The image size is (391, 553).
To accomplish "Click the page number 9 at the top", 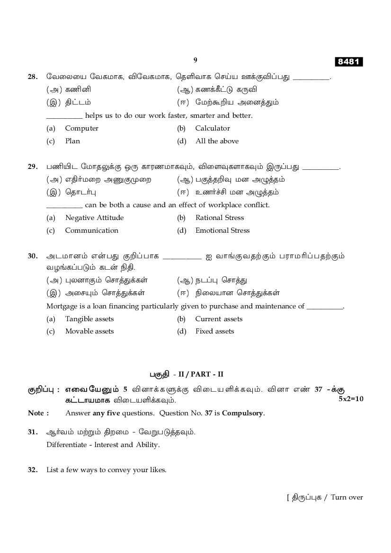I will pos(195,60).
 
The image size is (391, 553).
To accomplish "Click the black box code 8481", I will pos(349,62).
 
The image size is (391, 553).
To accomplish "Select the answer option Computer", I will pos(81,128).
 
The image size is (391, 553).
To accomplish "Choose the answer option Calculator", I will pos(212,128).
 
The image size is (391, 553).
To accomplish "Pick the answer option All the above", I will pos(217,141).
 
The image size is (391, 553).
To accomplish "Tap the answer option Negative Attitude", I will pos(94,218).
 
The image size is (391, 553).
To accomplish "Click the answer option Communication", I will pos(91,230).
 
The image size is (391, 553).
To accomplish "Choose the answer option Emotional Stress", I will pos(222,230).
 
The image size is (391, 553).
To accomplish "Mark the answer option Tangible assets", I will pos(89,319).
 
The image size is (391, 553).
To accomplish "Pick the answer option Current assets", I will pos(219,319).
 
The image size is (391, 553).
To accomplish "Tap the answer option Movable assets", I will pos(89,331).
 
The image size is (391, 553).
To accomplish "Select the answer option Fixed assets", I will pos(214,331).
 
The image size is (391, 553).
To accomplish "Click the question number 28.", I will pos(33,76).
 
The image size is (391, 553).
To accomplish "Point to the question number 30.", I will pos(33,256).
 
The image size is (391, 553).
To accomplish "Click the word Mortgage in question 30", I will pos(61,306).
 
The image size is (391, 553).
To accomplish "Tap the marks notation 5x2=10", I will pos(351,399).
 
